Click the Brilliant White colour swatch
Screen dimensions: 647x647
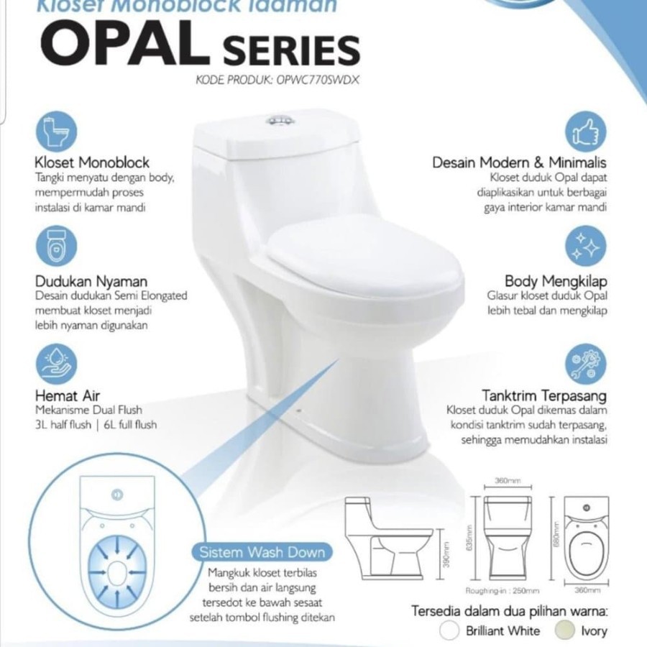(x=451, y=630)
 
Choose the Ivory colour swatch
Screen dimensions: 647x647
(x=564, y=630)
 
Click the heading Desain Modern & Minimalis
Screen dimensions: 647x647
(x=520, y=162)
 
